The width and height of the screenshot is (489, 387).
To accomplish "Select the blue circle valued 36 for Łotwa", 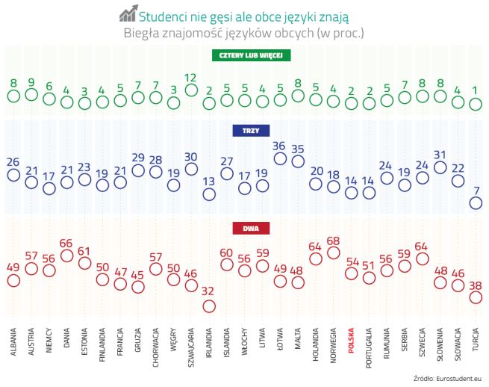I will pyautogui.click(x=280, y=158).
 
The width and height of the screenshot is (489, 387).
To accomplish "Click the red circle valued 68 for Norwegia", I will pyautogui.click(x=333, y=253).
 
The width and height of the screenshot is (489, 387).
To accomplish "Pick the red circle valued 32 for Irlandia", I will pyautogui.click(x=209, y=306).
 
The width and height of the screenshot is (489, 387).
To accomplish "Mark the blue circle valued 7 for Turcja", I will pyautogui.click(x=475, y=202).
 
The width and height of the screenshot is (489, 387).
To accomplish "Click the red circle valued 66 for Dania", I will pyautogui.click(x=67, y=256).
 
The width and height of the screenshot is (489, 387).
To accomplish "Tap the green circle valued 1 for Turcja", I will pyautogui.click(x=475, y=105).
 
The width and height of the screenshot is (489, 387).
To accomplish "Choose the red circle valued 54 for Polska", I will pyautogui.click(x=351, y=274).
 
